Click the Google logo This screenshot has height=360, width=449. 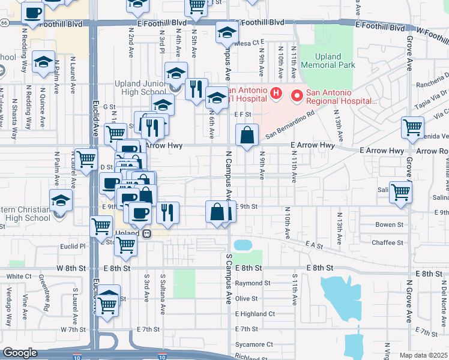pyautogui.click(x=20, y=353)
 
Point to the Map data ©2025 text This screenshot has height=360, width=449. pyautogui.click(x=423, y=355)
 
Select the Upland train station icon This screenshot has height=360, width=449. pyautogui.click(x=146, y=234)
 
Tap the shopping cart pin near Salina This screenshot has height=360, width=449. pyautogui.click(x=400, y=193)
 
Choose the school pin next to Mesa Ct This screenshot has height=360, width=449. pyautogui.click(x=227, y=34)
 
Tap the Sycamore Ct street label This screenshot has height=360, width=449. pyautogui.click(x=254, y=344)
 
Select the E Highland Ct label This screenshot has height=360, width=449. pyautogui.click(x=255, y=314)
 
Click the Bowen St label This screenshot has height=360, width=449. pyautogui.click(x=389, y=225)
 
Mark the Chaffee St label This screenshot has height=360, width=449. pyautogui.click(x=387, y=242)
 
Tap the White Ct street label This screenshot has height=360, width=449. pyautogui.click(x=19, y=277)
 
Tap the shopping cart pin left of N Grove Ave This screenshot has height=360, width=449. pyautogui.click(x=412, y=127)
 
